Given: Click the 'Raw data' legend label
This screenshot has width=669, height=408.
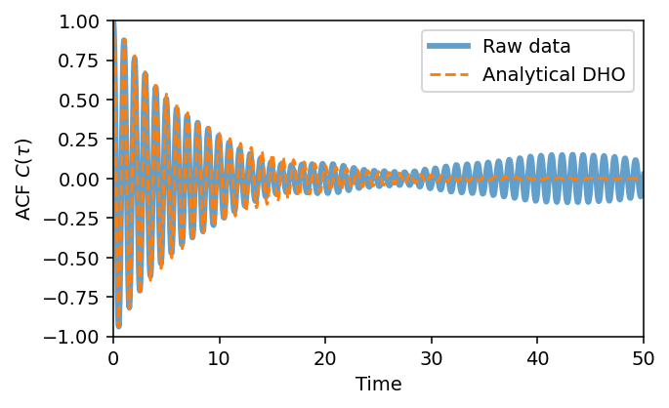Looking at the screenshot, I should (x=526, y=46).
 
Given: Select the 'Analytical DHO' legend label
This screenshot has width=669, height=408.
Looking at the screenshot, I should (x=554, y=74).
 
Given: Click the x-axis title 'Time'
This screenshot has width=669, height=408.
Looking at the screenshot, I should (x=378, y=385).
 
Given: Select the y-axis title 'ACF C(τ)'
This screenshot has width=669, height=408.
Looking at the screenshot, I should (x=22, y=179).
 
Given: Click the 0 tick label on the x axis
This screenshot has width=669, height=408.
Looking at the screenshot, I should (x=113, y=357).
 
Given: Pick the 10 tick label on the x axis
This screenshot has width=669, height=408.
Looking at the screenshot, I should (x=220, y=357).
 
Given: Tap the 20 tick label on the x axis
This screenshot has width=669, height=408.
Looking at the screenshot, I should (x=325, y=357).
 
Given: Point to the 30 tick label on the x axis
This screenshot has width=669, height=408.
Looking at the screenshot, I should (x=432, y=357).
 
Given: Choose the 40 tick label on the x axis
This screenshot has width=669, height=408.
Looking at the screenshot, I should (x=537, y=357).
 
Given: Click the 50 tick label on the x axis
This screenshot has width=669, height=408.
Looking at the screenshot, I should (x=644, y=357).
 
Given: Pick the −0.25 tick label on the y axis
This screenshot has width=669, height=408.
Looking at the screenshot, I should (x=78, y=219).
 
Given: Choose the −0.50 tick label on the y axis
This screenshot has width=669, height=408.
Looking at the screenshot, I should (x=78, y=259).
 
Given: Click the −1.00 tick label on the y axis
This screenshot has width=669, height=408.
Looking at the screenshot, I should (x=78, y=337).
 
